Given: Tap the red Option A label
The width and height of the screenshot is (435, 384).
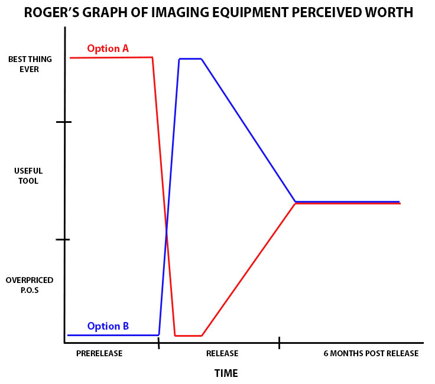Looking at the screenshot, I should tap(108, 48).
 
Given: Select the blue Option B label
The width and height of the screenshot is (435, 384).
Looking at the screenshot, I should tap(108, 326).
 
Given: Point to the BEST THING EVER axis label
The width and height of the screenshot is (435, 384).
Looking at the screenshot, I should tap(25, 64).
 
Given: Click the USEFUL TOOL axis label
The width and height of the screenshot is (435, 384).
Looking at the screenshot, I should tap(28, 176).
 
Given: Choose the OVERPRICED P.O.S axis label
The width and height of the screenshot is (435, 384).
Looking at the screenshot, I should tap(29, 285).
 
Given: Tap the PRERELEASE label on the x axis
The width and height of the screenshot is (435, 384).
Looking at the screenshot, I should tap(99, 354).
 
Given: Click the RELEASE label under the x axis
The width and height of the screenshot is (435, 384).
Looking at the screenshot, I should tap(222, 354).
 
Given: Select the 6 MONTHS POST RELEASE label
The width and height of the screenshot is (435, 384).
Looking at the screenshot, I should tap(371, 354).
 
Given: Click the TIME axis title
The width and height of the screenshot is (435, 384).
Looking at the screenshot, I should tap(226, 373).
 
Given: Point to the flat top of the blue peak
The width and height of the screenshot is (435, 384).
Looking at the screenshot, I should tap(190, 59).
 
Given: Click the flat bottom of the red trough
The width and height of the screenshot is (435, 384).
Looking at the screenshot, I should tap(189, 336).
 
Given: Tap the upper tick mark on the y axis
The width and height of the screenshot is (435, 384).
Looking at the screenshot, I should tap(64, 122).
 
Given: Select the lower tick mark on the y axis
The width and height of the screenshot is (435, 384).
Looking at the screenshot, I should tap(64, 240).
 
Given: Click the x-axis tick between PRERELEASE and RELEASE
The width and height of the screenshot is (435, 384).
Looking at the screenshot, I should tap(158, 343).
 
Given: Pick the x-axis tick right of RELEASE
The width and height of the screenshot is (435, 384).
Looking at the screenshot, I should tap(279, 343).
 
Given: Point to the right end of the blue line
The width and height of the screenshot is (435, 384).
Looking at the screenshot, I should tap(399, 201).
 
